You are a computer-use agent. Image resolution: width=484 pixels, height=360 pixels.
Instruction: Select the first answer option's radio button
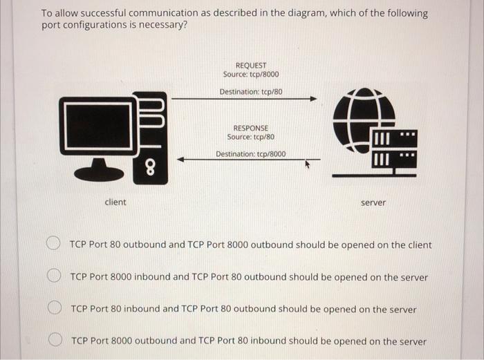(53, 244)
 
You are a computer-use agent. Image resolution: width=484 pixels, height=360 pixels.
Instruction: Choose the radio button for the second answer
(53, 276)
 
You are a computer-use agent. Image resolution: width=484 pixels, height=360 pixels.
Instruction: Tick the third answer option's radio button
(53, 308)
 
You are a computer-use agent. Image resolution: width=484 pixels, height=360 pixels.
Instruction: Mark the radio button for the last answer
(53, 340)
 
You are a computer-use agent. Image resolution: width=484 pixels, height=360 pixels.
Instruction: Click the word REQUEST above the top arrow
(251, 66)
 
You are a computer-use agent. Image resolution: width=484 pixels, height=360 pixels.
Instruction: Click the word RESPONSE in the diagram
(251, 128)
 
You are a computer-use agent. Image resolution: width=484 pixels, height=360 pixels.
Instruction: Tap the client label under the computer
(115, 202)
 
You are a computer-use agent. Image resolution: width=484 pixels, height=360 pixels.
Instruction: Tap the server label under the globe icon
(373, 202)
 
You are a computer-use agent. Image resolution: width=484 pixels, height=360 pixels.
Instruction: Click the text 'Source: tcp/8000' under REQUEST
(251, 75)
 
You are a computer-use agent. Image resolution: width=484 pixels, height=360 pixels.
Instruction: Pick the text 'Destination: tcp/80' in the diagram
(251, 92)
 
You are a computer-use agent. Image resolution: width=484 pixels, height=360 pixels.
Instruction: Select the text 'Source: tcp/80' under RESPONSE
(251, 137)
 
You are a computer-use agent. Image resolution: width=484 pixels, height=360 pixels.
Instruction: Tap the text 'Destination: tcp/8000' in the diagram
(250, 154)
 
